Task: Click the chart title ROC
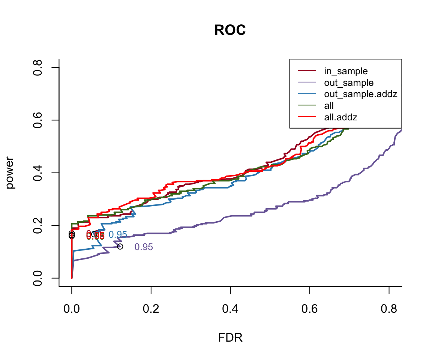point(230,30)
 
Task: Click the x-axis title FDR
point(230,338)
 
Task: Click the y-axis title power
point(11,172)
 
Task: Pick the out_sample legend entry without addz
point(349,82)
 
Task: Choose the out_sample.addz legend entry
point(360,94)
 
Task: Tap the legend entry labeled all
point(329,106)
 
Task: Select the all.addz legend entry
point(340,117)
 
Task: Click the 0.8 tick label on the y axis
point(37,67)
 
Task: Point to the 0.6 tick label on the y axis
point(37,120)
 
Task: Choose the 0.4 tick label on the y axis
point(37,173)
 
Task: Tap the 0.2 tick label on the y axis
point(37,225)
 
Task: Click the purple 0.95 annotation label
point(144,247)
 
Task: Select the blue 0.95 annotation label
point(118,235)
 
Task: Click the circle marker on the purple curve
point(120,246)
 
